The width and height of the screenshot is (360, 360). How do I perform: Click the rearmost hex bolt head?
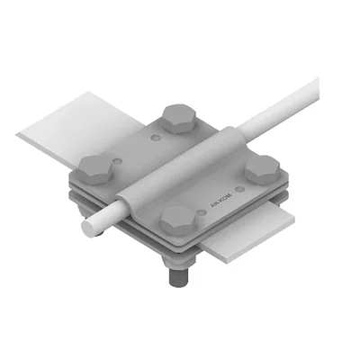pyautogui.click(x=175, y=115)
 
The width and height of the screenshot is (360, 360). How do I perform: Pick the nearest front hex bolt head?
pyautogui.click(x=178, y=217)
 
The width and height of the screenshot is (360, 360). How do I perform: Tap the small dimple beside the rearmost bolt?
pyautogui.click(x=158, y=139)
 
